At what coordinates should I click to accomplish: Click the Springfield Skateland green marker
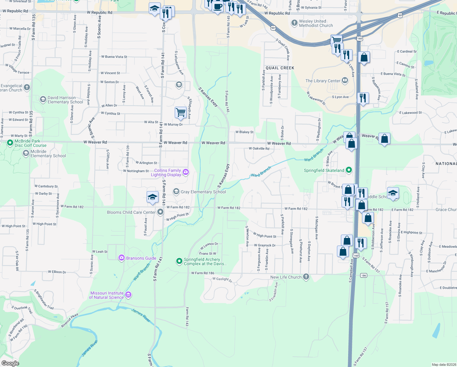[x=349, y=170]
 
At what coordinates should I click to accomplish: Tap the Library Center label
[x=323, y=81]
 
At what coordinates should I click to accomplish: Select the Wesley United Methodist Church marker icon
[x=294, y=23]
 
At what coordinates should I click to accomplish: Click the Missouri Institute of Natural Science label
[x=107, y=295]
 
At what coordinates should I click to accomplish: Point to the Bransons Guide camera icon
[x=122, y=258]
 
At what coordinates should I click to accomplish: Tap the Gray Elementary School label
[x=203, y=192]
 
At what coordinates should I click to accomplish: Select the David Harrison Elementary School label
[x=65, y=100]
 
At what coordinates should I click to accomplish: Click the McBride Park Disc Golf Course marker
[x=10, y=143]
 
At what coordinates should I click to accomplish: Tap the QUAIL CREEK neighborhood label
[x=280, y=68]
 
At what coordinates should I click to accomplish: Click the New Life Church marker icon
[x=306, y=277]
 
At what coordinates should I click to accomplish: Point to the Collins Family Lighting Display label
[x=167, y=172]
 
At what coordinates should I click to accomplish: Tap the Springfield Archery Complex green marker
[x=179, y=261]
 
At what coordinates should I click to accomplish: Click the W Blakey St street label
[x=244, y=132]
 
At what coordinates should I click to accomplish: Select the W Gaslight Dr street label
[x=222, y=279]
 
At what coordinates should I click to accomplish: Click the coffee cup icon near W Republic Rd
[x=218, y=7]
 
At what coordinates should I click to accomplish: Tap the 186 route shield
[x=363, y=275]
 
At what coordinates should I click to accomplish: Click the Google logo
[x=10, y=363]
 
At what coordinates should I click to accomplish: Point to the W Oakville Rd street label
[x=259, y=149]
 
